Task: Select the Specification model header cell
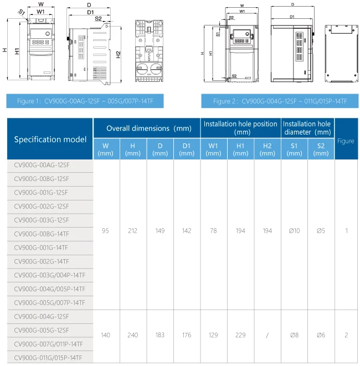pyautogui.click(x=50, y=139)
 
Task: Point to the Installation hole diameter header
pyautogui.click(x=307, y=128)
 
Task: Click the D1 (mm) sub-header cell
pyautogui.click(x=187, y=150)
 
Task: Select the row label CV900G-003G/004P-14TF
pyautogui.click(x=49, y=275)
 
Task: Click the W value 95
pyautogui.click(x=106, y=231)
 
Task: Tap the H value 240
pyautogui.click(x=133, y=335)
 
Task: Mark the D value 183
pyautogui.click(x=160, y=335)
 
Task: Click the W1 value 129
pyautogui.click(x=213, y=335)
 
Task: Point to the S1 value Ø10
pyautogui.click(x=294, y=231)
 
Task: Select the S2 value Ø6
pyautogui.click(x=321, y=335)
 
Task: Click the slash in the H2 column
pyautogui.click(x=268, y=335)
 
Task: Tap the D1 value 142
pyautogui.click(x=187, y=231)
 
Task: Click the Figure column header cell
pyautogui.click(x=346, y=141)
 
